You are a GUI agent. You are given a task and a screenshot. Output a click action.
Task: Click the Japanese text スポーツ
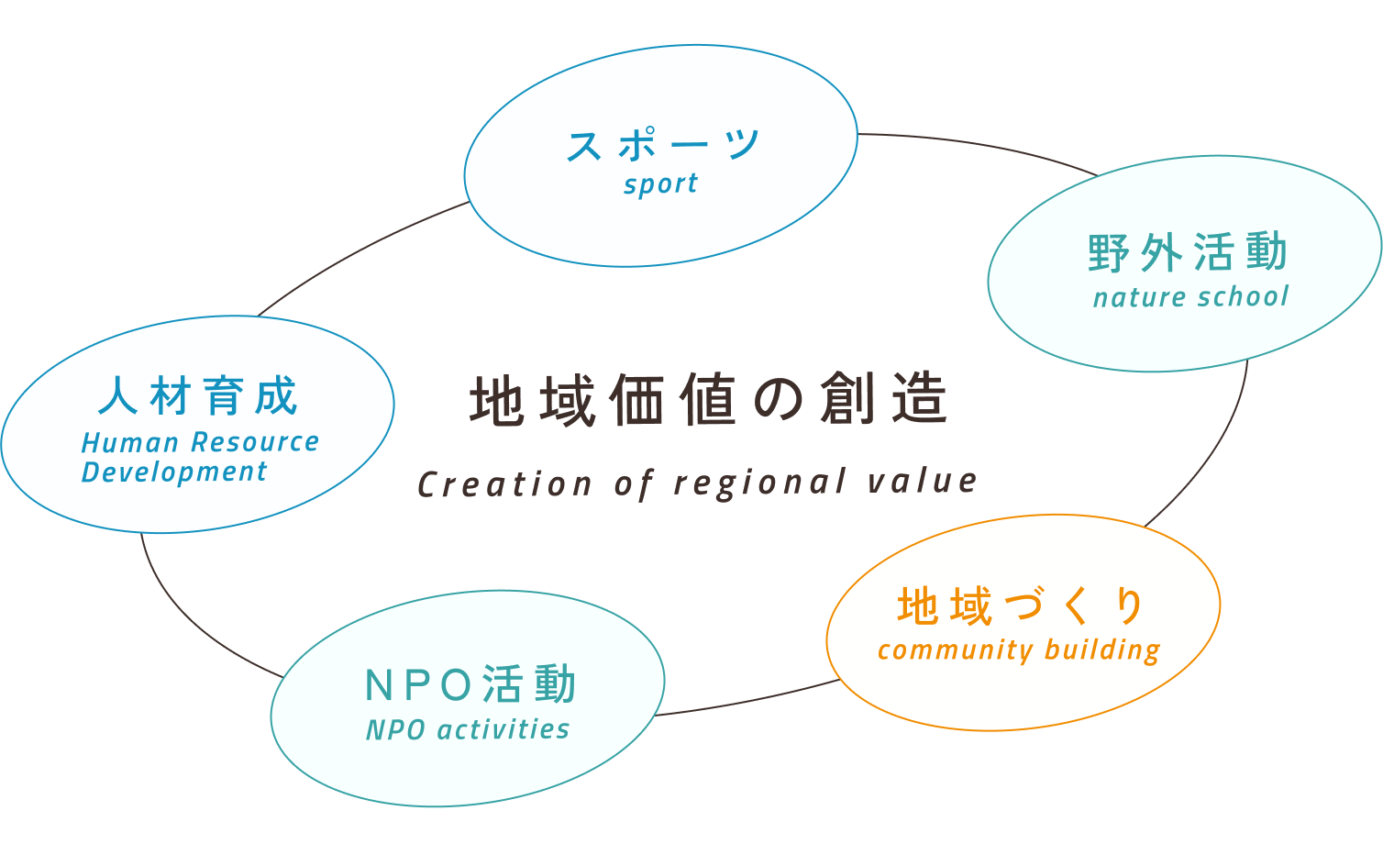[662, 145]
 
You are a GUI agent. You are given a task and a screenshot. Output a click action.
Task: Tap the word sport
[660, 184]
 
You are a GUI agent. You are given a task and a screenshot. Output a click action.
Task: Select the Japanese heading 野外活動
[1189, 252]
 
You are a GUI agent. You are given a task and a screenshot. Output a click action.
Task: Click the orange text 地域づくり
[1022, 606]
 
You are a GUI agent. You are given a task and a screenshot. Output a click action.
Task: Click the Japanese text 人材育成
[198, 396]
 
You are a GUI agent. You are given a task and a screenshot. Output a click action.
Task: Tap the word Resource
[256, 442]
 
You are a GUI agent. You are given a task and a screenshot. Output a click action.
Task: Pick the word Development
[174, 472]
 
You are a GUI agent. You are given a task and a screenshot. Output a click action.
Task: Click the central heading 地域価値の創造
[708, 400]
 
